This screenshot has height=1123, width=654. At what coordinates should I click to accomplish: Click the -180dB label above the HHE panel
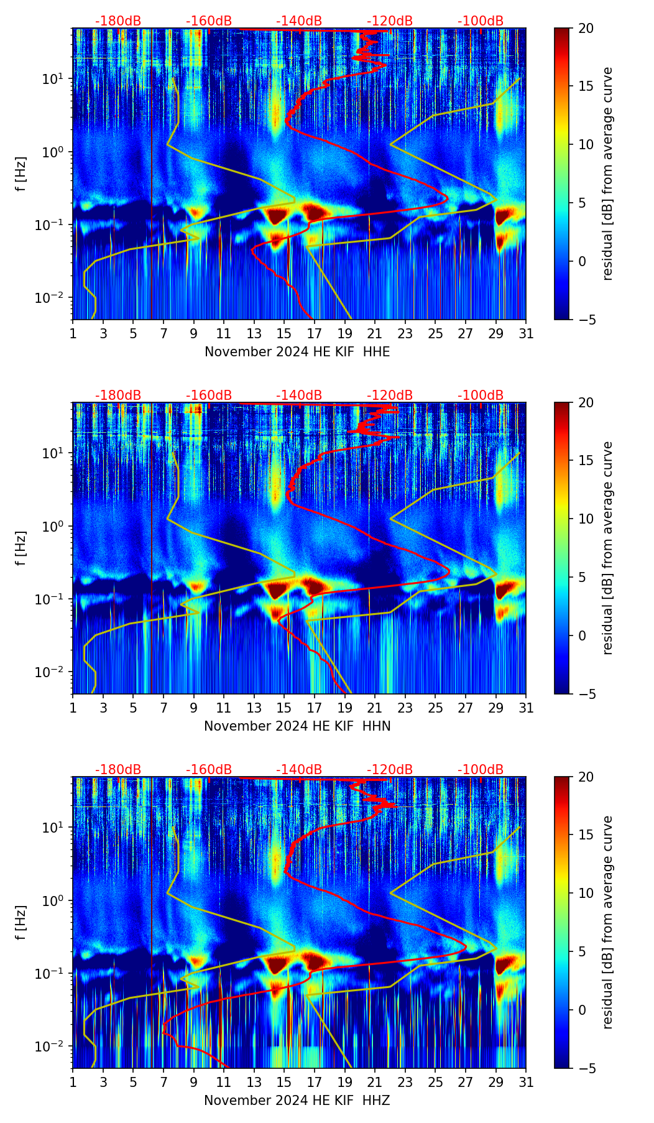point(118,21)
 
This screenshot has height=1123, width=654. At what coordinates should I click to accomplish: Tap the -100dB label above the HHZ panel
point(481,770)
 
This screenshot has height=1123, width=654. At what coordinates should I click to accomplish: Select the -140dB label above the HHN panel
point(299,395)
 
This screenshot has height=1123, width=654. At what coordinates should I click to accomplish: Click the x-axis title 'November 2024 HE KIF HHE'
point(297,352)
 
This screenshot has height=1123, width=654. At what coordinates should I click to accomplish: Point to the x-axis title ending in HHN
point(297,726)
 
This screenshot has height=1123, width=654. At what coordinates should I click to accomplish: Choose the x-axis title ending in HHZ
point(297,1101)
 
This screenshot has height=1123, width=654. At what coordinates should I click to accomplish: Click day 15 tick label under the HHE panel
point(284,333)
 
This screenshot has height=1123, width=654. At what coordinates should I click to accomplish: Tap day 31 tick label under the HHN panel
point(526,708)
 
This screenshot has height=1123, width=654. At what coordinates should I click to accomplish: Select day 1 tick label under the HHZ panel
point(73,1082)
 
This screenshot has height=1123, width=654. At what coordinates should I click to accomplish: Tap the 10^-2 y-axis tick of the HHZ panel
point(54,1047)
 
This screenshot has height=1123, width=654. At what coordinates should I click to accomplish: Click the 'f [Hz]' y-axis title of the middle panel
point(21,548)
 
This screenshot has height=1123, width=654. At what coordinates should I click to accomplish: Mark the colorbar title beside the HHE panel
point(607,173)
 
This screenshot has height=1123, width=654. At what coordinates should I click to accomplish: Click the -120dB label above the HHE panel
point(390,21)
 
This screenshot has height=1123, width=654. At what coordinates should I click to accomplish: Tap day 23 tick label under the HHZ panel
point(405,1082)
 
